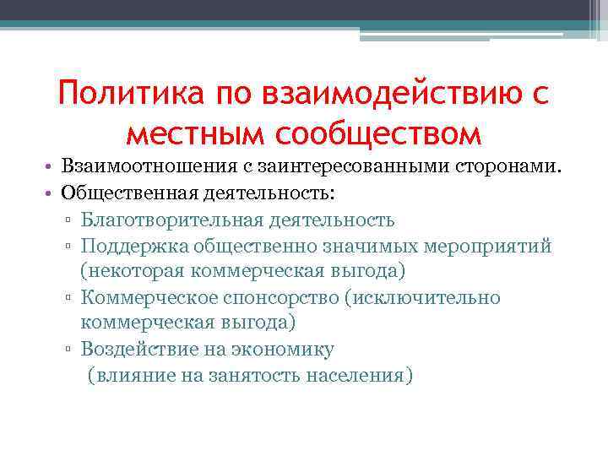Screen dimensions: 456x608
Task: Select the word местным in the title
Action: point(190,133)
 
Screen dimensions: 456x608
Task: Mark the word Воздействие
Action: point(136,349)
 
